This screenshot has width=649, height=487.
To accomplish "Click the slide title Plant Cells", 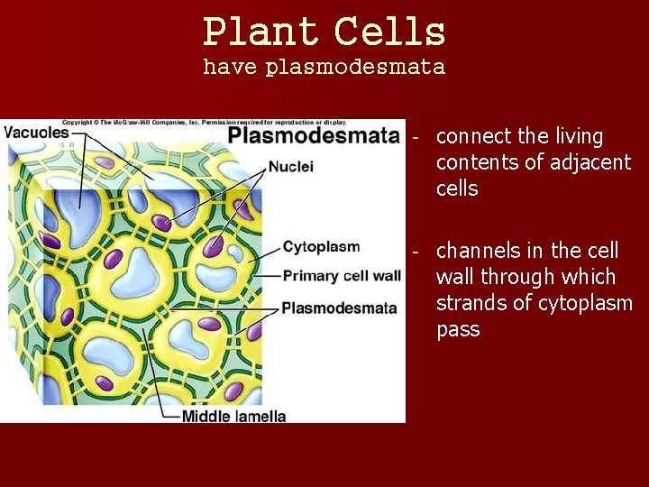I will tap(324, 32).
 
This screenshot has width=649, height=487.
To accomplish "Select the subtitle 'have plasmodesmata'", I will tap(324, 68).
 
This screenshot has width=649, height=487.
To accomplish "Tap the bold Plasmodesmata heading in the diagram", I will tap(313, 136).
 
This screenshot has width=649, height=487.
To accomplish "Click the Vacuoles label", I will tap(36, 132).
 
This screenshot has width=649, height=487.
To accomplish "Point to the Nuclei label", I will tap(290, 167).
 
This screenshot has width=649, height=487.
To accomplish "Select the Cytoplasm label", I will tap(321, 247).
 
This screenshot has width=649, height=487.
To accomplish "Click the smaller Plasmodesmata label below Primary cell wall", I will tap(339, 308).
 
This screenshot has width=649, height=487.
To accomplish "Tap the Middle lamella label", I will tap(233, 416).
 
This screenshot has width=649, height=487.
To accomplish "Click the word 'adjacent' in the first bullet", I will tap(596, 163).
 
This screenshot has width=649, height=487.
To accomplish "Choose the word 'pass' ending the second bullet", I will tap(457, 330).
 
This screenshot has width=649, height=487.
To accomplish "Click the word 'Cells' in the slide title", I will tap(389, 32).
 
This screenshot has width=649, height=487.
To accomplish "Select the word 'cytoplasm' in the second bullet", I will tap(585, 303).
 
